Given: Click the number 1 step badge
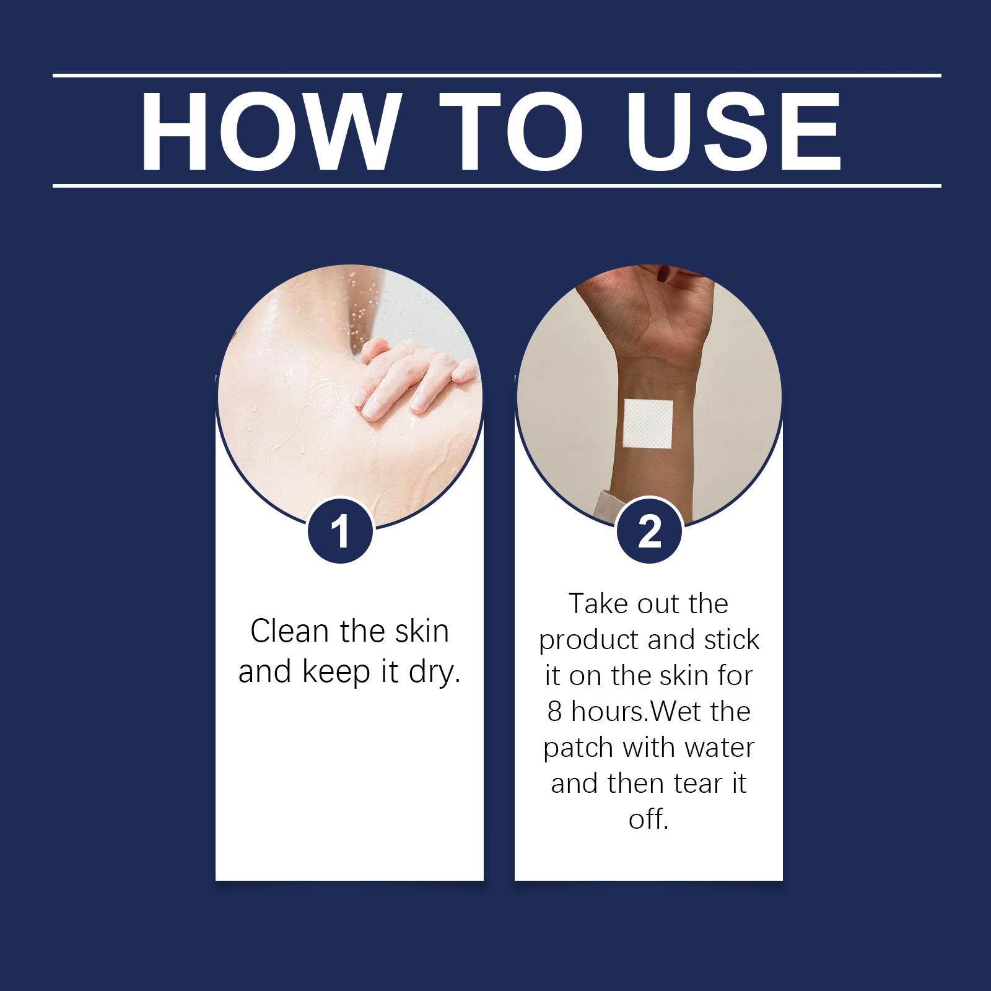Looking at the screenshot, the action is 340,532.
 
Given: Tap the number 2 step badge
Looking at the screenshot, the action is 649,532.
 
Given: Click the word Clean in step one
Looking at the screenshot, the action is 290,631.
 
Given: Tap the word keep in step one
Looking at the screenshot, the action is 336,673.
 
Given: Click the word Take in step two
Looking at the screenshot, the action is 598,604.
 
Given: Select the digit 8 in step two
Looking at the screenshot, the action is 554,712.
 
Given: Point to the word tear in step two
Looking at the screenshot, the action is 697,784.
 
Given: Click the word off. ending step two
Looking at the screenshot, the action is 648,819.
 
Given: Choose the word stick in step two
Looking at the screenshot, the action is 731,640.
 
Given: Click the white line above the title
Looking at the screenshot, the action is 497,76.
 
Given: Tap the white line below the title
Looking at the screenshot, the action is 497,185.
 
